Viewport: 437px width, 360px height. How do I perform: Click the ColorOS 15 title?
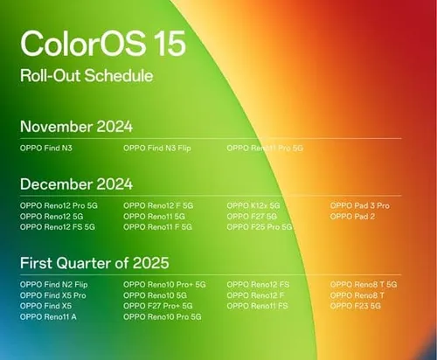tap(91, 43)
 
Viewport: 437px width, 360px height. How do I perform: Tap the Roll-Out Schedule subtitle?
tap(87, 76)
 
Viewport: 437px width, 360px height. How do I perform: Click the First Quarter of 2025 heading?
tap(94, 263)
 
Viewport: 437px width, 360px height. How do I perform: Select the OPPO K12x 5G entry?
tap(253, 205)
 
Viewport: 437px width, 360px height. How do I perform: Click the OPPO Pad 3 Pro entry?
tap(359, 205)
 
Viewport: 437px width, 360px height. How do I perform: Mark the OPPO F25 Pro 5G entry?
tap(260, 227)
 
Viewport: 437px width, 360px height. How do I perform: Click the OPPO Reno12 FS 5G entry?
tap(58, 227)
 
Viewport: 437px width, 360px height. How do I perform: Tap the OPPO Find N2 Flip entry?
tap(54, 285)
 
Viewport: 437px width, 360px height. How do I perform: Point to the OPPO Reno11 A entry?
tap(49, 316)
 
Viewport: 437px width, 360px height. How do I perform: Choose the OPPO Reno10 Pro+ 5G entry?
tap(164, 285)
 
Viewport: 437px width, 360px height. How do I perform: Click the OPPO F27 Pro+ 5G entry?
tap(158, 306)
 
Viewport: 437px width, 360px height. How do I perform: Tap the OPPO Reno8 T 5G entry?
tap(364, 285)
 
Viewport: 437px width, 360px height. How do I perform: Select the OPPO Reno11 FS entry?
tap(259, 306)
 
